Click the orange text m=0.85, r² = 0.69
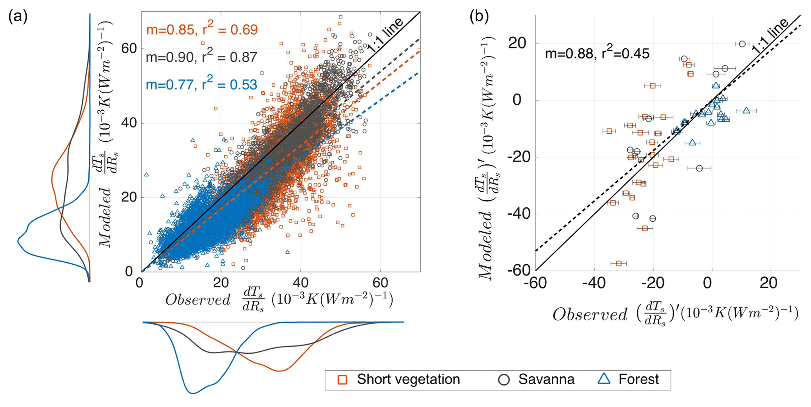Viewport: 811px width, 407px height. point(202,30)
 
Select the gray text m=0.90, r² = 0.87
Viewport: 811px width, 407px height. point(202,57)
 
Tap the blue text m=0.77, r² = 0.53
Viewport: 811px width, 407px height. point(202,84)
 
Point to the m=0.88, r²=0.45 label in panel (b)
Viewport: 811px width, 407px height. point(597,54)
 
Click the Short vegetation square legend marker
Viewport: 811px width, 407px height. point(342,380)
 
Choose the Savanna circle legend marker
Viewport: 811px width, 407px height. point(504,380)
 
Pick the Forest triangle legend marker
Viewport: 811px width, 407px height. point(604,379)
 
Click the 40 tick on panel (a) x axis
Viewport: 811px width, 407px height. point(300,283)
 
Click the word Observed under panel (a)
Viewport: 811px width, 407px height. point(198,300)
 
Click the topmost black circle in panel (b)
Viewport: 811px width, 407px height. point(742,44)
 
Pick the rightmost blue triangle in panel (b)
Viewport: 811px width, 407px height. point(746,111)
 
